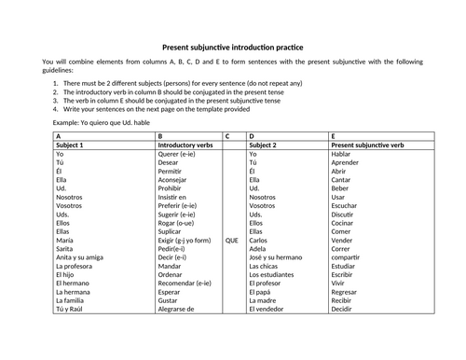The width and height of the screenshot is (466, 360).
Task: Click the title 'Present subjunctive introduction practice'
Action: point(233,45)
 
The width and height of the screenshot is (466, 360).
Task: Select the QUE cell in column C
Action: point(232,240)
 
